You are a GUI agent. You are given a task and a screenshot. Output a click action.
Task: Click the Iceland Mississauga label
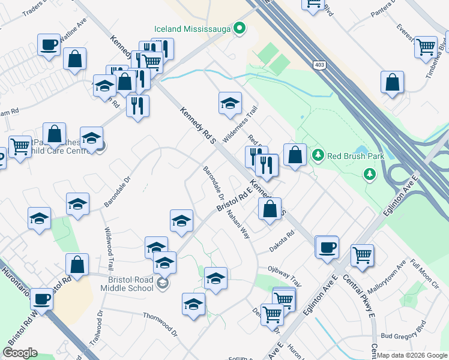coord(192,28)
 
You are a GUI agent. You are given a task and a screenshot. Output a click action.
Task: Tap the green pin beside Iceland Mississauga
coord(240,28)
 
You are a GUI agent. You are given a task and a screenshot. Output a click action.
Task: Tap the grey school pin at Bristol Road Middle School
coord(161,283)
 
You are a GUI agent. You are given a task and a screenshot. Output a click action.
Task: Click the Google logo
coord(20,353)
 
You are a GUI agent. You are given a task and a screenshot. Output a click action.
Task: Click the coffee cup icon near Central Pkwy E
coord(327,247)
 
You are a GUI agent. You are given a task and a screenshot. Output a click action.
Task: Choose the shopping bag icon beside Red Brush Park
coord(295,155)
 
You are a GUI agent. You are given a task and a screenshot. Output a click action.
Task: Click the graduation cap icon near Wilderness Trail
coord(230,103)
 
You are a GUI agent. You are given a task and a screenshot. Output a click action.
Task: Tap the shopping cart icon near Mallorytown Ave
coord(362,255)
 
